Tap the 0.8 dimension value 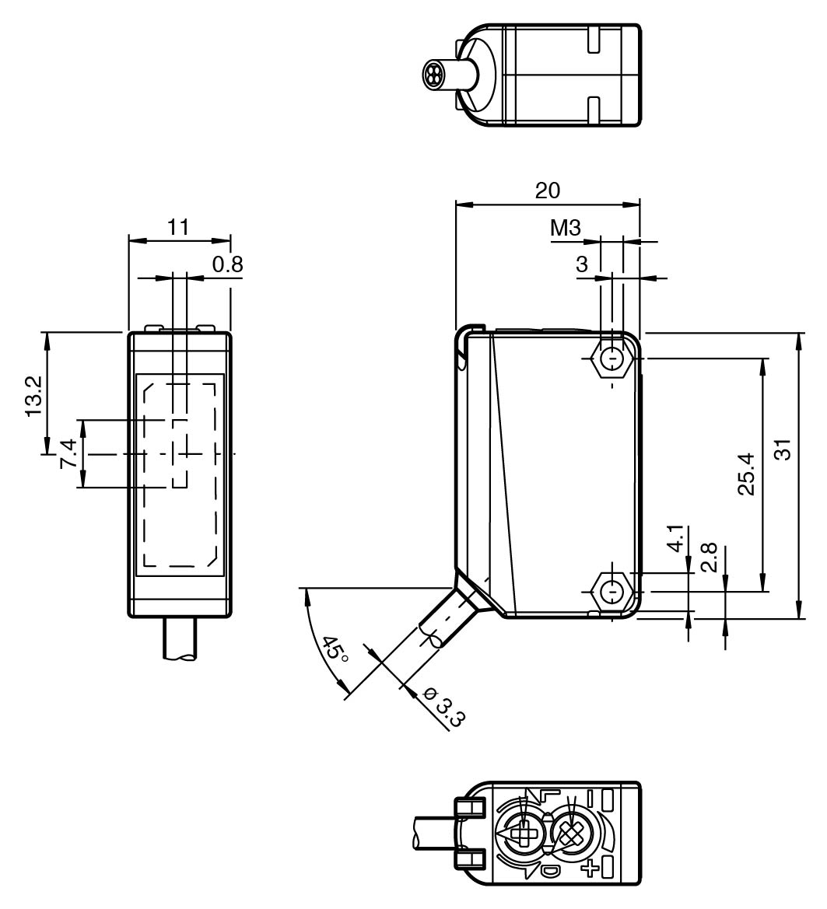227,265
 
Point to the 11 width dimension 178,227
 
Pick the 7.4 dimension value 68,453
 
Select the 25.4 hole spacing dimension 746,475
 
